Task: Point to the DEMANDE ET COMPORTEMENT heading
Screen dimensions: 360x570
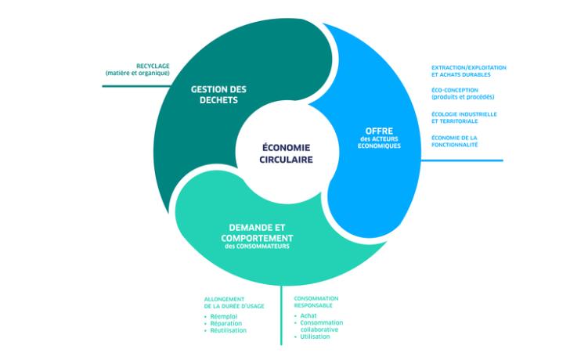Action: coord(256,232)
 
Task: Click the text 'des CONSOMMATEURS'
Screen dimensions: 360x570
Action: coord(257,247)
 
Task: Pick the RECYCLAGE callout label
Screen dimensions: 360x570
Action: coord(152,66)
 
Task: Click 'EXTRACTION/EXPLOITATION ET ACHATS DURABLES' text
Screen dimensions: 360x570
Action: coord(468,71)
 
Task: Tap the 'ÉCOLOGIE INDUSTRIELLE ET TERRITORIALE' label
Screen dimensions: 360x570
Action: coord(464,117)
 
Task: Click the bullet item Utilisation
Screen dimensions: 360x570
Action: coord(316,337)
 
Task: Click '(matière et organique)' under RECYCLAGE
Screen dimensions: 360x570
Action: coord(138,73)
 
